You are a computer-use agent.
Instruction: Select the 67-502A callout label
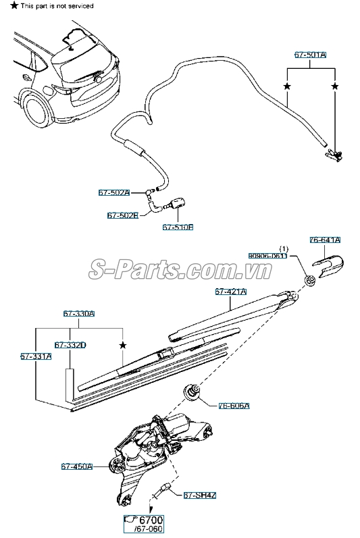(x=114, y=192)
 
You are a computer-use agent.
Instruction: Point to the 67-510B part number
(x=178, y=227)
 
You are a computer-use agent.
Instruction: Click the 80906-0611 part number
(x=267, y=256)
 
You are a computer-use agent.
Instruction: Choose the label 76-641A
(x=325, y=240)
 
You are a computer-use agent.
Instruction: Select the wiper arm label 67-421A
(x=231, y=292)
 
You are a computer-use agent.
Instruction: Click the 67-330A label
(x=79, y=314)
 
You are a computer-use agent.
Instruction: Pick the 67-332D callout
(x=70, y=345)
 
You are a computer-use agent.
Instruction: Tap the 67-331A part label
(x=36, y=356)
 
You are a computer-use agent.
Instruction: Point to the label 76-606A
(x=234, y=406)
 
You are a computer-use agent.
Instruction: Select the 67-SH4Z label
(x=200, y=495)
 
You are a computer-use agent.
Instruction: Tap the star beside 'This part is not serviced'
(x=5, y=5)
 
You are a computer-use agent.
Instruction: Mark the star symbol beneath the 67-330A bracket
(x=122, y=345)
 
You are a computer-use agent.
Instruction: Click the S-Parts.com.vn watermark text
(x=180, y=270)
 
